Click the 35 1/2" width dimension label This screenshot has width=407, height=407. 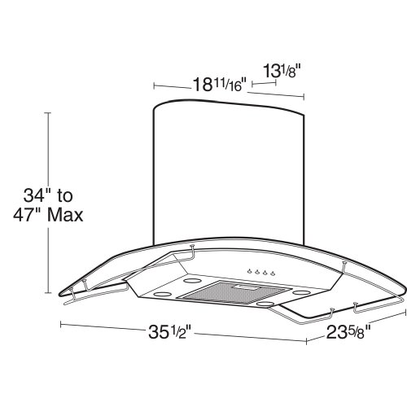pos(170,331)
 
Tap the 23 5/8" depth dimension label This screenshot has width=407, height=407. pos(348,332)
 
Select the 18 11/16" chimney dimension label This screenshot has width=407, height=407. pos(219,84)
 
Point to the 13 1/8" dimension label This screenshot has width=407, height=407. pos(282,71)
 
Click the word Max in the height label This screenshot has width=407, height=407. pos(65,216)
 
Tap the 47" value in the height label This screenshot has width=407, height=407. pos(28,216)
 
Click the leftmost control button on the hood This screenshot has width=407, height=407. pos(249,270)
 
